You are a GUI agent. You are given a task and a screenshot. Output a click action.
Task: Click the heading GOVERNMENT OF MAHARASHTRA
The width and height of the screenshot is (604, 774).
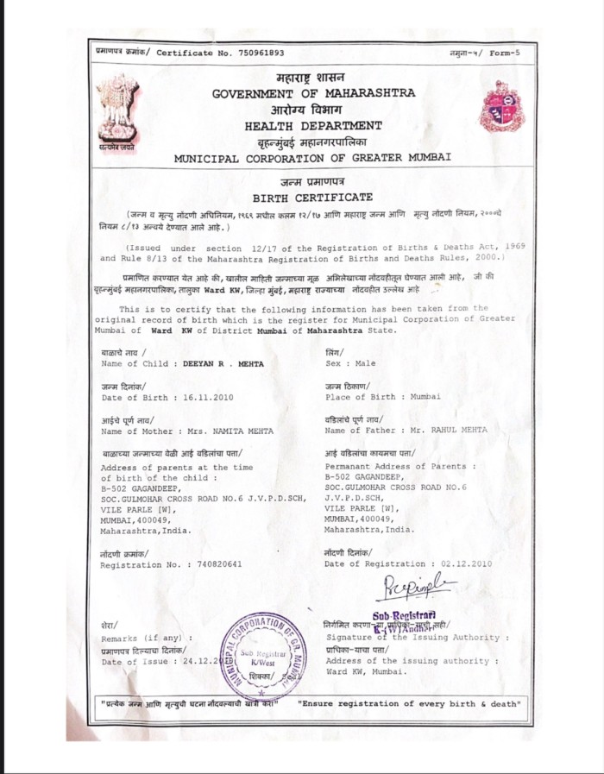tap(313, 92)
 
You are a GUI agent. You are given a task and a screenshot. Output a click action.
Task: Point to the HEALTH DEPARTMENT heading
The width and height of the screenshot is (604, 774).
tap(313, 127)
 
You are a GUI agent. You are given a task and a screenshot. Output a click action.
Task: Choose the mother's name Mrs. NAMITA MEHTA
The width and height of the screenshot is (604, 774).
tap(226, 430)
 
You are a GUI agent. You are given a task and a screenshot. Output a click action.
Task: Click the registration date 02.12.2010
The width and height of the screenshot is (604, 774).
tap(465, 563)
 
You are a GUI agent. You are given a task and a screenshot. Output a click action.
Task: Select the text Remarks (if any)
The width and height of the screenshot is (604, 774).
tap(145, 637)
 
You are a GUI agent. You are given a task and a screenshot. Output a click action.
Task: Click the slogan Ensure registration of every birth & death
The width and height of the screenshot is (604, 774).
tap(409, 704)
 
